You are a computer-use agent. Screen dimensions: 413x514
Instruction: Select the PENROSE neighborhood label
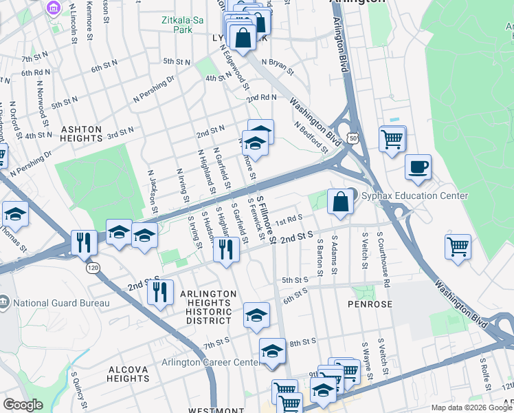[370, 304]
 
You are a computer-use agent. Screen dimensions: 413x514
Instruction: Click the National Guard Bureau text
[61, 303]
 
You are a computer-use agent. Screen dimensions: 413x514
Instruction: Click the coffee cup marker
[418, 167]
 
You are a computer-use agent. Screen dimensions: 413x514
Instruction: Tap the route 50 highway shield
[353, 138]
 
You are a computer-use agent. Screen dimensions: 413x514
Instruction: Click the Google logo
[23, 405]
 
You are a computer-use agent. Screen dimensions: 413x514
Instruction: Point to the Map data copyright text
[471, 407]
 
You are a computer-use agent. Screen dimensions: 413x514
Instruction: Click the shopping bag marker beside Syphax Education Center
[340, 202]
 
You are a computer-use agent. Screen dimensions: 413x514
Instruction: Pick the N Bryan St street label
[280, 66]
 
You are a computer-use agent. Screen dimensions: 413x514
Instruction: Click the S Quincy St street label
[78, 390]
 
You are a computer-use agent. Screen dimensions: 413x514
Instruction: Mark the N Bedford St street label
[311, 137]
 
